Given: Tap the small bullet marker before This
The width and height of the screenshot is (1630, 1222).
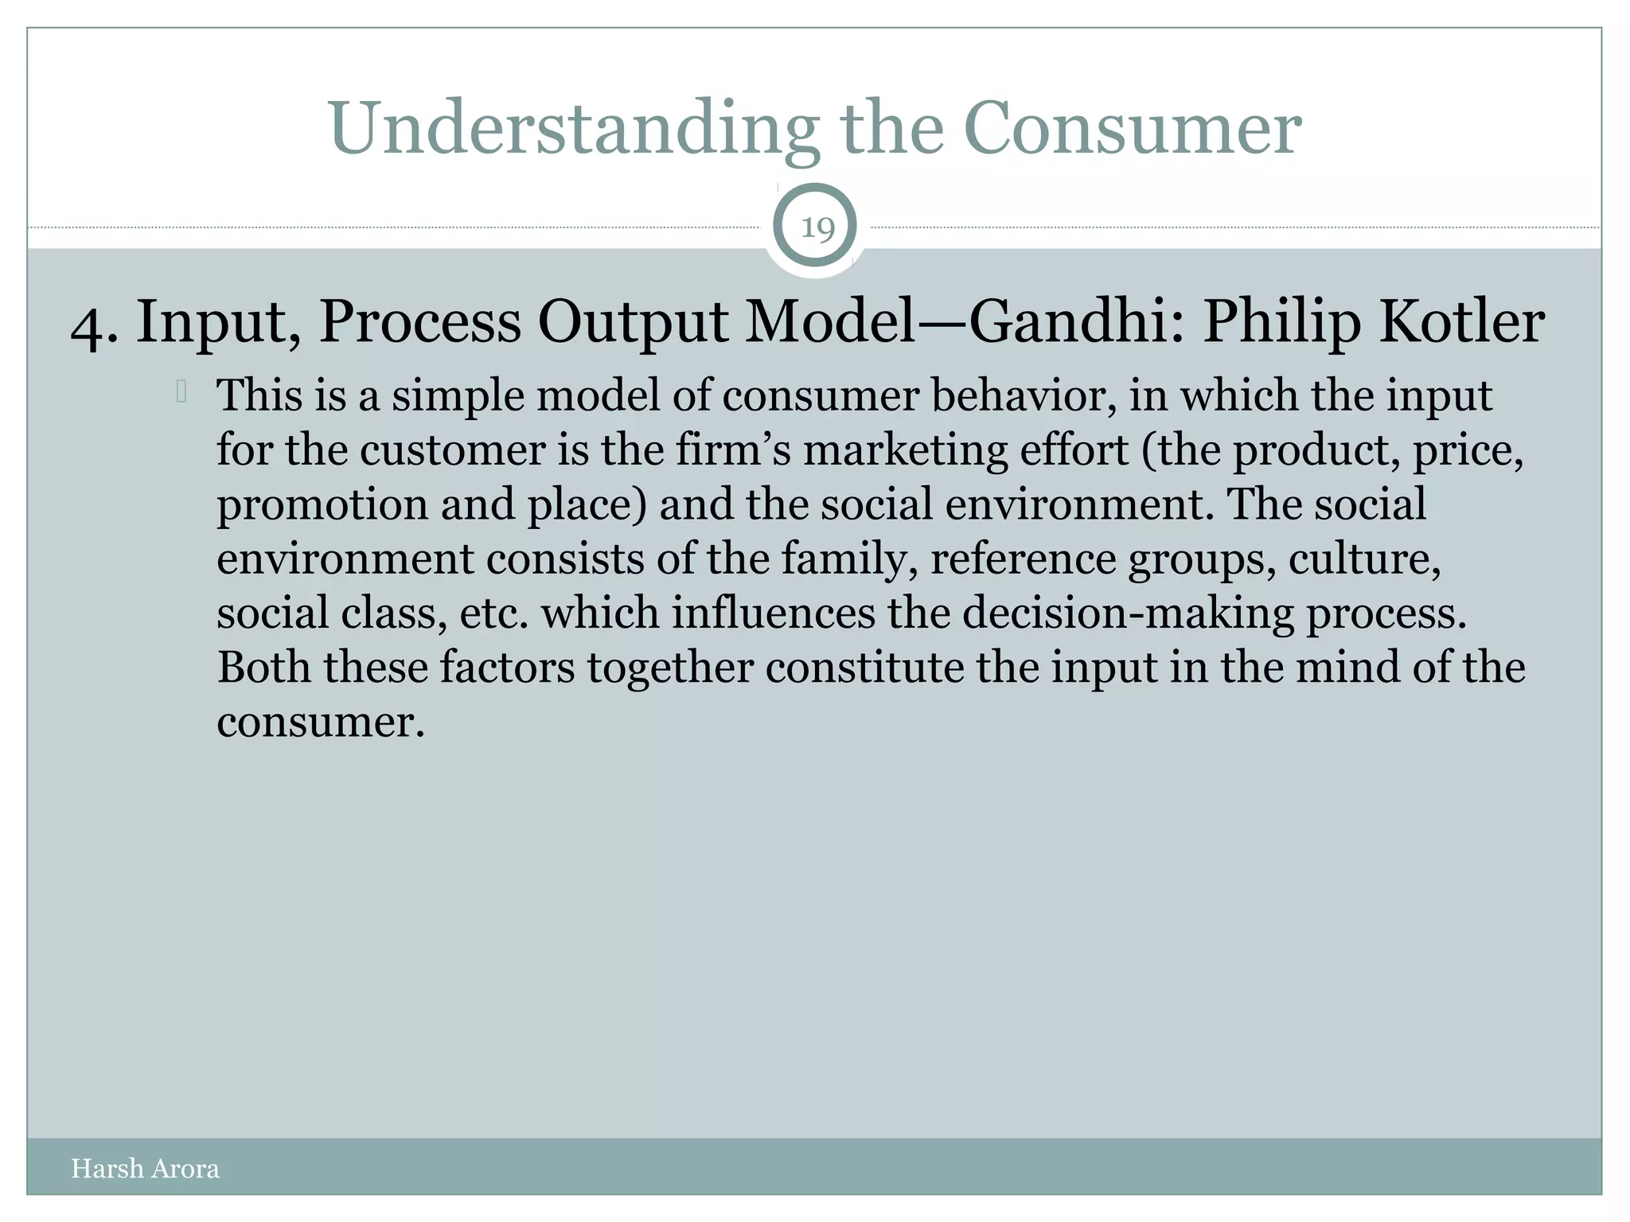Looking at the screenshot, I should coord(181,391).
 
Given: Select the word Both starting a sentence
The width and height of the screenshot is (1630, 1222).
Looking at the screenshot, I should coord(263,667).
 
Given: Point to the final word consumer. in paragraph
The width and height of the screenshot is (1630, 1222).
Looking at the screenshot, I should coord(321,722).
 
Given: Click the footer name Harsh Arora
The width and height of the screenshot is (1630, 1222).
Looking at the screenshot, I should coord(145,1169).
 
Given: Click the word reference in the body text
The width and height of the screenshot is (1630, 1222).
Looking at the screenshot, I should coord(1023,559).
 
